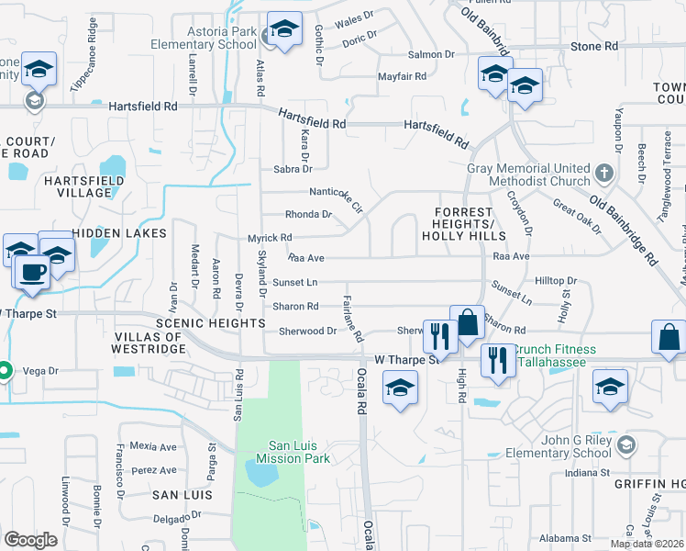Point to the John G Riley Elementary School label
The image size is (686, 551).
pyautogui.click(x=564, y=445)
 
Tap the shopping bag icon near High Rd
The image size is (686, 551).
pyautogui.click(x=467, y=324)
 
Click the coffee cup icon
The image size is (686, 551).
pyautogui.click(x=34, y=273)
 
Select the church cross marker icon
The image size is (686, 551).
pyautogui.click(x=604, y=173)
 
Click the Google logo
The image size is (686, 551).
pyautogui.click(x=30, y=539)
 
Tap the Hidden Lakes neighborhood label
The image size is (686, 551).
pyautogui.click(x=120, y=233)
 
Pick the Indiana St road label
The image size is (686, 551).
pyautogui.click(x=588, y=473)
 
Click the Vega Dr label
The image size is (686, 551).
pyautogui.click(x=40, y=371)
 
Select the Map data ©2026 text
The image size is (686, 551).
pyautogui.click(x=647, y=544)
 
